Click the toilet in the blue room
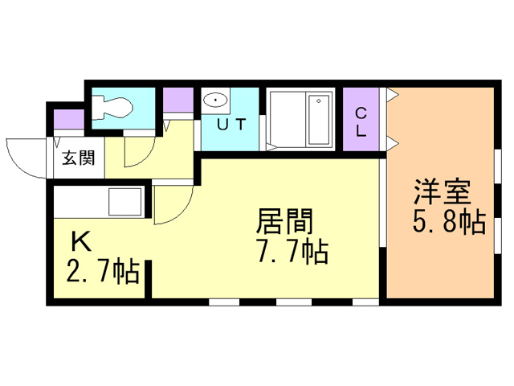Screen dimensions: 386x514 [112, 106]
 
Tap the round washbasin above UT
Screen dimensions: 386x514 [215, 101]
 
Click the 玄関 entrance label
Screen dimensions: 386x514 [75, 157]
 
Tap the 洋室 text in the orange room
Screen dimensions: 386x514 [442, 194]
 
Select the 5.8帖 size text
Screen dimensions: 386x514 [450, 222]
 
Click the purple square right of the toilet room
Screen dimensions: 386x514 [177, 101]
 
